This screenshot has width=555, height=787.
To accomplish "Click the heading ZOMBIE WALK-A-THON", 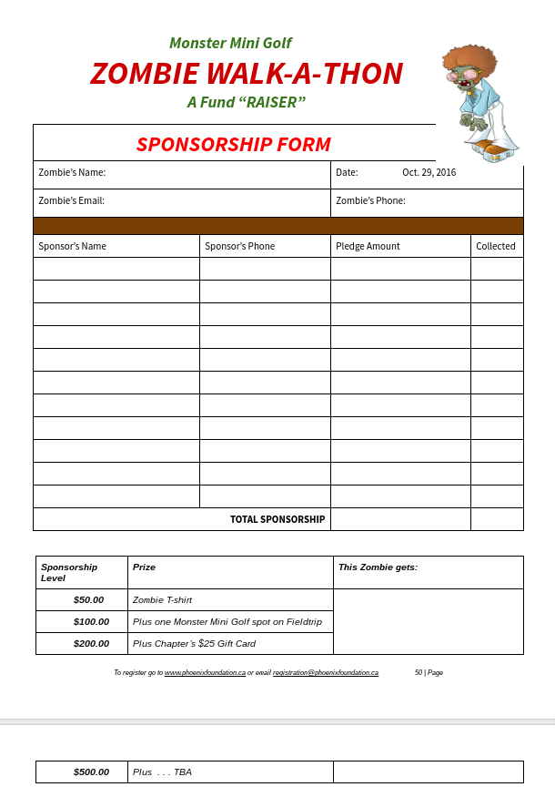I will (246, 73).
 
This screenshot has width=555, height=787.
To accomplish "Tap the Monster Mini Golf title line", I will (230, 43).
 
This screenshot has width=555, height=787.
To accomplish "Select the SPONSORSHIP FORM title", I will (233, 144).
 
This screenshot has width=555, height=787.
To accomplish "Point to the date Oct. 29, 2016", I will (429, 172).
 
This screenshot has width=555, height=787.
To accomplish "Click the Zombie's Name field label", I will (72, 172).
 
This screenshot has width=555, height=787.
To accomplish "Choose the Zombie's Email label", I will (71, 200).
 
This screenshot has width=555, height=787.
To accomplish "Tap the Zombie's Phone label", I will (370, 200).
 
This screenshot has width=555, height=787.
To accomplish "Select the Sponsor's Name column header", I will (72, 246).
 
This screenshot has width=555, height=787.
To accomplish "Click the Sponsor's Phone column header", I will (239, 246).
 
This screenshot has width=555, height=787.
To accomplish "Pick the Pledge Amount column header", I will (368, 246).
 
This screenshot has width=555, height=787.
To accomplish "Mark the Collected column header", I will (496, 246).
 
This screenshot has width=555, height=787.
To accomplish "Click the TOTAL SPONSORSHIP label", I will (277, 519).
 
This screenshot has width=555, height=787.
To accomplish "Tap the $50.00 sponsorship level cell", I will (88, 600).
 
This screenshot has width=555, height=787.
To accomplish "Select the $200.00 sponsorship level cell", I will (91, 644).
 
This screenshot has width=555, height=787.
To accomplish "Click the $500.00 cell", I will (91, 772).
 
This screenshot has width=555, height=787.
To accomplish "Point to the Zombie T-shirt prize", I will (162, 600).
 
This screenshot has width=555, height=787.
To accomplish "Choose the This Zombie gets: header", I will (378, 567).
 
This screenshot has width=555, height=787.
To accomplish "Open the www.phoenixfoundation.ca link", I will (205, 672).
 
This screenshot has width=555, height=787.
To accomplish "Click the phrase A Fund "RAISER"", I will (246, 102).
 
